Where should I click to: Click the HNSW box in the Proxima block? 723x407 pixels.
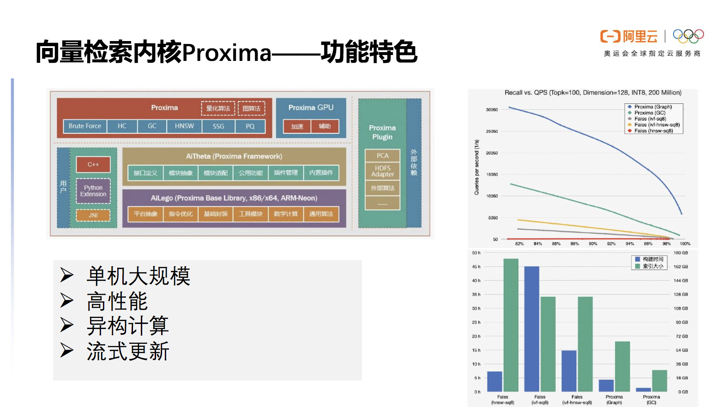tap(184, 126)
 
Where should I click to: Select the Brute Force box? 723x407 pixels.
tap(85, 126)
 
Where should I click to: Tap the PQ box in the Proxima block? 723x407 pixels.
tap(250, 126)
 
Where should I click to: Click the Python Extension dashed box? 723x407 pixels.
tap(93, 191)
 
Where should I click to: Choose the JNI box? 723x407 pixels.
tap(93, 215)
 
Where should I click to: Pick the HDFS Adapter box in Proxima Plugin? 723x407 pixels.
tap(382, 171)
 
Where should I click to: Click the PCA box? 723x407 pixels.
tap(382, 156)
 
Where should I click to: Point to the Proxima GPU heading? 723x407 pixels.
tap(311, 108)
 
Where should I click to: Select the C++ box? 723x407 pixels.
tap(93, 164)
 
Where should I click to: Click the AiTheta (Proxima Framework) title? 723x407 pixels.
tap(234, 156)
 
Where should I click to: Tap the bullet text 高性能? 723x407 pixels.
tap(117, 301)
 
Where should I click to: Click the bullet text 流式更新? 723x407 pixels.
tap(128, 351)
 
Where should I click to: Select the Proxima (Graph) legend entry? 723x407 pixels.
tap(653, 107)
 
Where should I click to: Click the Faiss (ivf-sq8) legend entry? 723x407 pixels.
tap(650, 119)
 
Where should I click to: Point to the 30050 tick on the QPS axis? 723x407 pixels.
tap(492, 110)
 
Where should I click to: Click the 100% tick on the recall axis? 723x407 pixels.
tap(685, 244)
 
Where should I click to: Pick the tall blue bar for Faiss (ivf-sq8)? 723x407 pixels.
tap(532, 329)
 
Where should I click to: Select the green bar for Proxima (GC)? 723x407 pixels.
tap(659, 381)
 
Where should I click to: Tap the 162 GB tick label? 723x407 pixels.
tap(681, 267)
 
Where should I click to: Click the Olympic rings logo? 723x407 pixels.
tap(688, 36)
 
